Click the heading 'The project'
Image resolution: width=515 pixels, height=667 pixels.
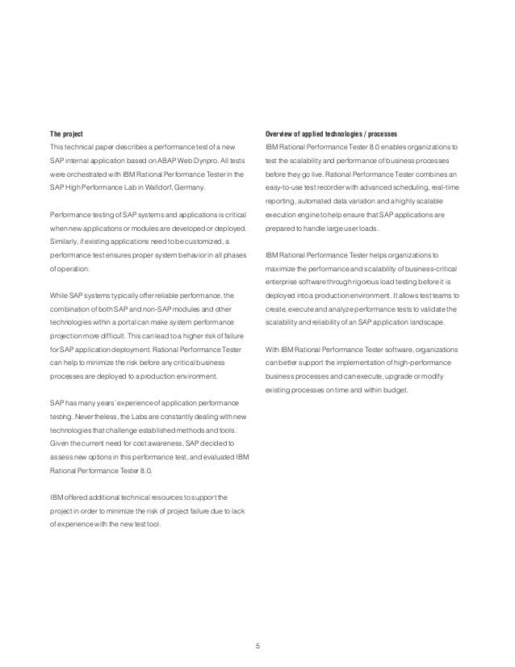(x=67, y=132)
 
